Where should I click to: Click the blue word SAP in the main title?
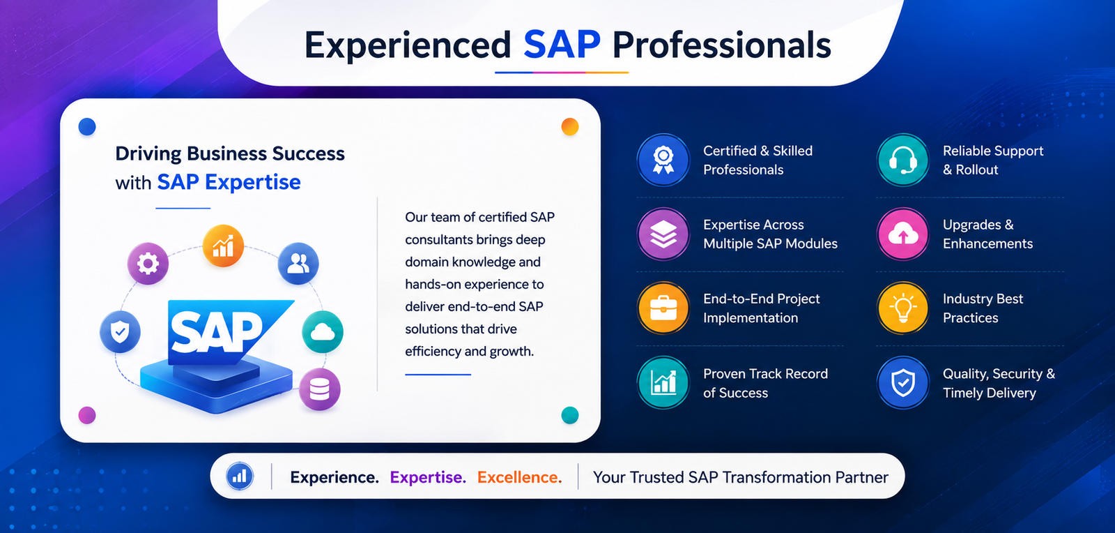[x=562, y=45]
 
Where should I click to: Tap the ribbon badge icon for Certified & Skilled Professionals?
[x=663, y=160]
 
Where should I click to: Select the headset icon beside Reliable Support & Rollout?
[x=902, y=160]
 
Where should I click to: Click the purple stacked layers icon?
[x=663, y=234]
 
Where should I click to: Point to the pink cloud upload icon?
[x=902, y=234]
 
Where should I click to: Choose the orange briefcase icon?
[x=663, y=308]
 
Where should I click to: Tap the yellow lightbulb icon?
[x=902, y=308]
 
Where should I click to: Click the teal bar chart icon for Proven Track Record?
[x=663, y=382]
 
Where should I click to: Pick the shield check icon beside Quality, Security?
[x=902, y=382]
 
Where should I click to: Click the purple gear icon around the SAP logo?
[x=148, y=264]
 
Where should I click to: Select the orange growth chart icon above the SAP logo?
[x=223, y=246]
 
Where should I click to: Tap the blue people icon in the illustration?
[x=298, y=264]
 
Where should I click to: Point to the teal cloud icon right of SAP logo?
[x=323, y=332]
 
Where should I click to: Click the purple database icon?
[x=320, y=389]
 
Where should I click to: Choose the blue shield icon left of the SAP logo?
[x=120, y=332]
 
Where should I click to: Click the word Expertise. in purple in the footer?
[x=428, y=477]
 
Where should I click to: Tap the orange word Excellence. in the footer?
[x=520, y=477]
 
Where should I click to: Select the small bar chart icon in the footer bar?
[x=240, y=476]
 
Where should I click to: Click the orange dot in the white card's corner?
[x=570, y=126]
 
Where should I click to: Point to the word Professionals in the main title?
[x=722, y=45]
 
